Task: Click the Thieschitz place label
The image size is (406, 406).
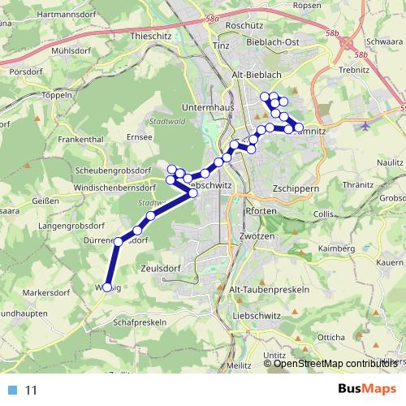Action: [151, 37]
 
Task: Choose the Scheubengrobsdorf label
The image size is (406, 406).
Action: [113, 171]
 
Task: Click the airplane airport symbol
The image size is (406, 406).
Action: [363, 125]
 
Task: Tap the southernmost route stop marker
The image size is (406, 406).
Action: [106, 287]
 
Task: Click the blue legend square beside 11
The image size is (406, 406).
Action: [13, 390]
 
